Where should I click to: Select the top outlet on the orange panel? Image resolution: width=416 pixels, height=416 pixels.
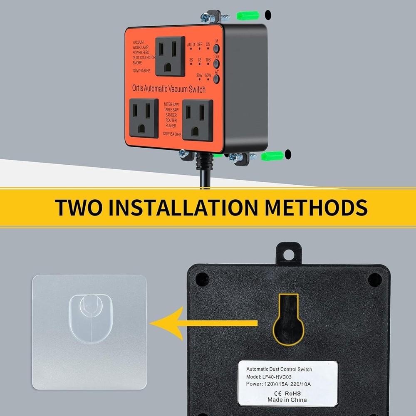pyautogui.click(x=170, y=57)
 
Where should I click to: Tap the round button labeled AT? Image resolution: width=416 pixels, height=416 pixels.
pyautogui.click(x=216, y=78)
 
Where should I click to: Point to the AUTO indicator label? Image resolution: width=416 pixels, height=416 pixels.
pyautogui.click(x=191, y=45)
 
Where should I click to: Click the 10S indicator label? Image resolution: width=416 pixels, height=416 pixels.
pyautogui.click(x=208, y=60)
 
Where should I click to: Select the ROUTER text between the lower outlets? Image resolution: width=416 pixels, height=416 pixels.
pyautogui.click(x=171, y=120)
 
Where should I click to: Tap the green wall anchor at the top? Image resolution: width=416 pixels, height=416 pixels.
pyautogui.click(x=248, y=16)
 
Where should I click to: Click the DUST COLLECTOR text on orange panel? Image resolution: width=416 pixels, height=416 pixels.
pyautogui.click(x=144, y=57)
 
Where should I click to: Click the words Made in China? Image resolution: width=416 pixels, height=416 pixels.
pyautogui.click(x=287, y=400)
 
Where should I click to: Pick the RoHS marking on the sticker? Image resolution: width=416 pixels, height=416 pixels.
pyautogui.click(x=292, y=393)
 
